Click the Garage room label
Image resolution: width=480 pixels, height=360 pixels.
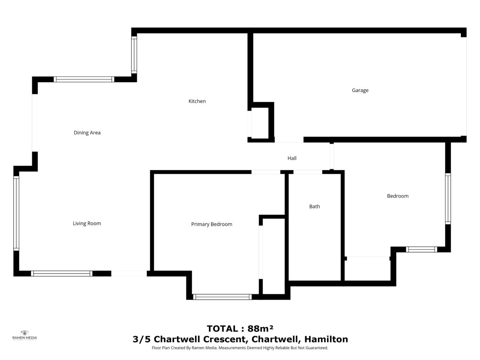(360, 90)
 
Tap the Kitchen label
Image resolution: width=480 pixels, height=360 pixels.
(197, 101)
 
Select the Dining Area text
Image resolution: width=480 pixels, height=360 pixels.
(87, 133)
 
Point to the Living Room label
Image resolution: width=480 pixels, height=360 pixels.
(87, 223)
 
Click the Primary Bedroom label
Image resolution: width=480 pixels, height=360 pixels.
(212, 224)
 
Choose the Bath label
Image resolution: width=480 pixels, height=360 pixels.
(314, 206)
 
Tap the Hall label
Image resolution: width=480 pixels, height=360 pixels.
(292, 158)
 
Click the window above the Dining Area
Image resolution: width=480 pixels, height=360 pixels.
(84, 79)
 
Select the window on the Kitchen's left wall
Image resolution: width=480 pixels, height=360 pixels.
(134, 55)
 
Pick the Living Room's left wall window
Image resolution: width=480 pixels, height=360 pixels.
(16, 213)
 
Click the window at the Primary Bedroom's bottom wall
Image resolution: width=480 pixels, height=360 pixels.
(222, 297)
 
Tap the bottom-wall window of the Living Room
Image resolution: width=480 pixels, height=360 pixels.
(62, 274)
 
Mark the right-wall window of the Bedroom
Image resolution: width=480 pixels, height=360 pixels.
(448, 199)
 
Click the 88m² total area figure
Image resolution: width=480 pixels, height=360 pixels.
(260, 328)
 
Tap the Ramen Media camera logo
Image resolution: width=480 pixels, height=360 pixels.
(24, 333)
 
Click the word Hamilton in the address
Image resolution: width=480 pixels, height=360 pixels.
(326, 339)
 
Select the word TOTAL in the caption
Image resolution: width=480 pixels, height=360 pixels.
(222, 329)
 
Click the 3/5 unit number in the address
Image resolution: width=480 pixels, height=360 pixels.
(142, 339)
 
